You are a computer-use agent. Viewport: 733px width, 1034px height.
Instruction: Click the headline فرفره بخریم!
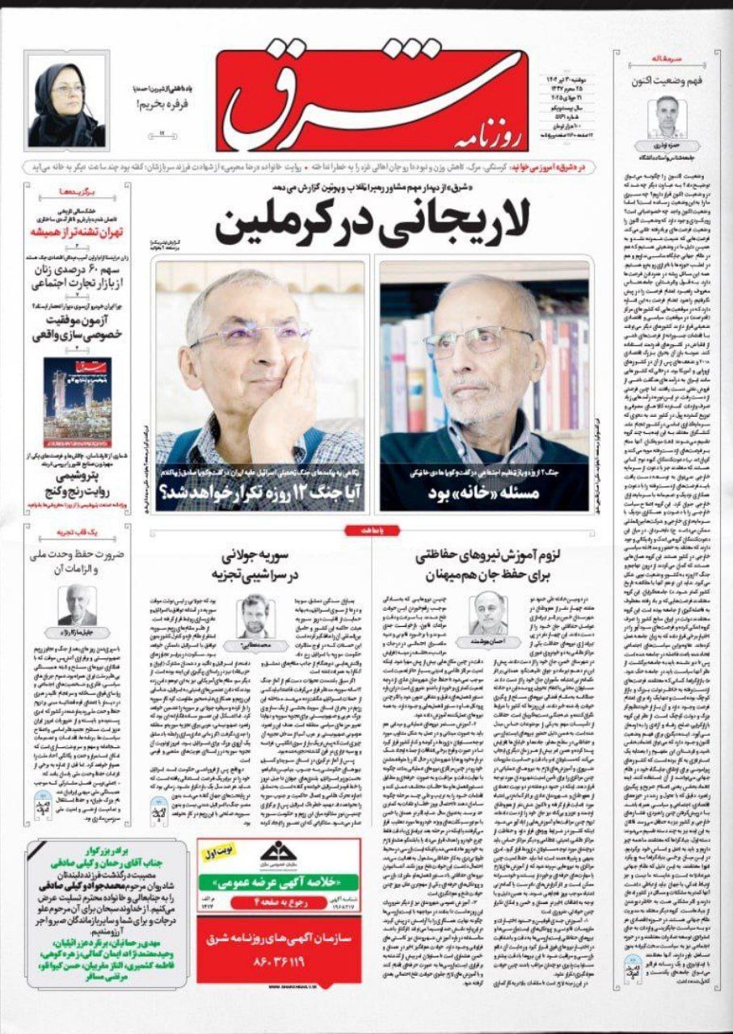[x=157, y=104]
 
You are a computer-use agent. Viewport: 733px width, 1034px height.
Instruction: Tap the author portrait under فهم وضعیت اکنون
[x=670, y=116]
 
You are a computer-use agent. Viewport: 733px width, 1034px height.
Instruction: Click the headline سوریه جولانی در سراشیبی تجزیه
[x=257, y=564]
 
